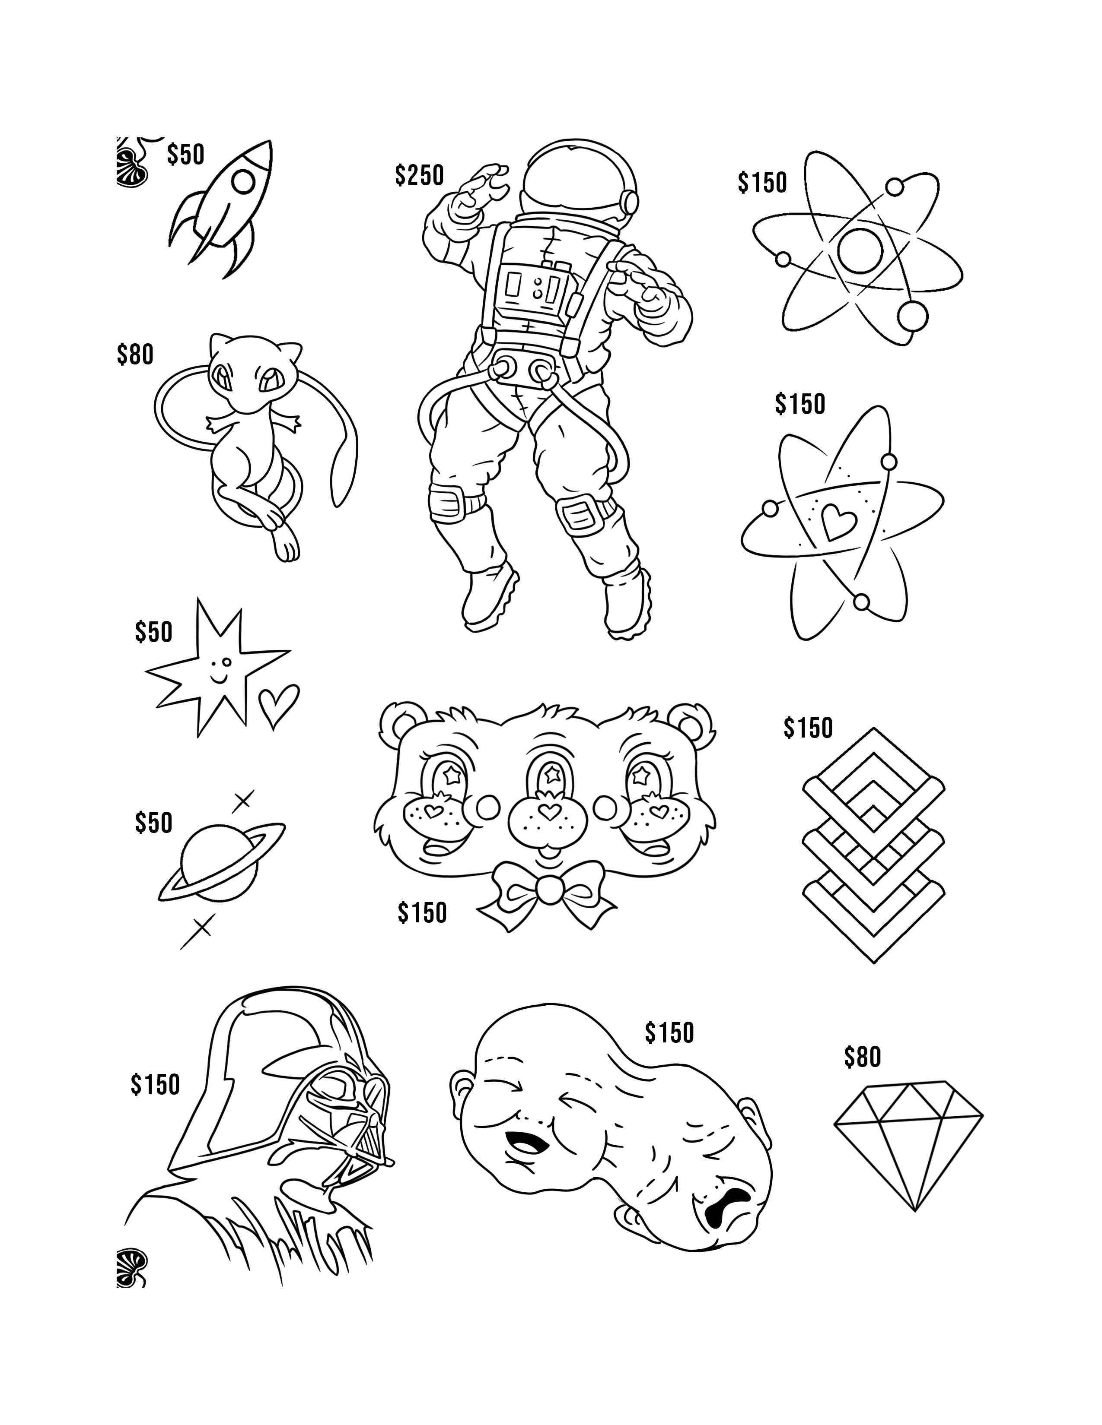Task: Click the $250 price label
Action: (419, 175)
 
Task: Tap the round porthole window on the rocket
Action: (243, 182)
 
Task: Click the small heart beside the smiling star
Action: (278, 706)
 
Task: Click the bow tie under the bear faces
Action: (547, 890)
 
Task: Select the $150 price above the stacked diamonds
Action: (808, 728)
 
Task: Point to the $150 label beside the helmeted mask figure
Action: (155, 1084)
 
